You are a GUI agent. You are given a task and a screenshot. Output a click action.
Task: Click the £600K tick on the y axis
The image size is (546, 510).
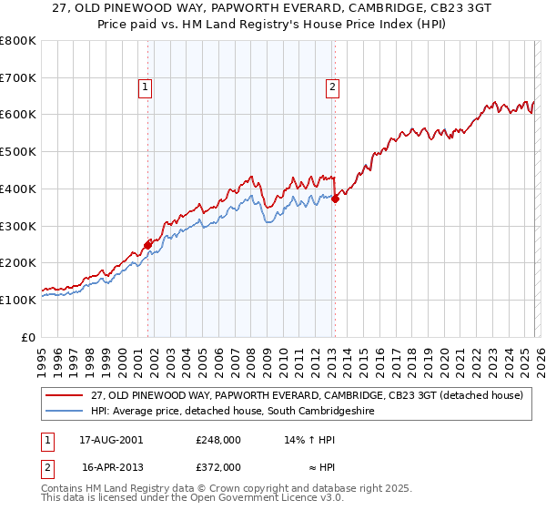point(18,115)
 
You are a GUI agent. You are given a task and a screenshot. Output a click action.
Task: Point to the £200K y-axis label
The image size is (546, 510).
point(18,262)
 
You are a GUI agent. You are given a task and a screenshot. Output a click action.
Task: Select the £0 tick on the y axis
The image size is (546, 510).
point(29,337)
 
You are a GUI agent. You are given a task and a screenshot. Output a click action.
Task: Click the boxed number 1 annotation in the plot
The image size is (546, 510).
point(146,87)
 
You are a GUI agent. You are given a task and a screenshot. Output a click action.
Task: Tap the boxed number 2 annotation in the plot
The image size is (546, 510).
point(333,87)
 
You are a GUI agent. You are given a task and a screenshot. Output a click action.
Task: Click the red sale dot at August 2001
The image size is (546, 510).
point(147,244)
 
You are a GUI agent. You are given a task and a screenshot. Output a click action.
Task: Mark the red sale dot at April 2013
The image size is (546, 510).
point(335,199)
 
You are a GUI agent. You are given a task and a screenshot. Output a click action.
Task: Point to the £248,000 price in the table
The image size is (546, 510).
point(218,439)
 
